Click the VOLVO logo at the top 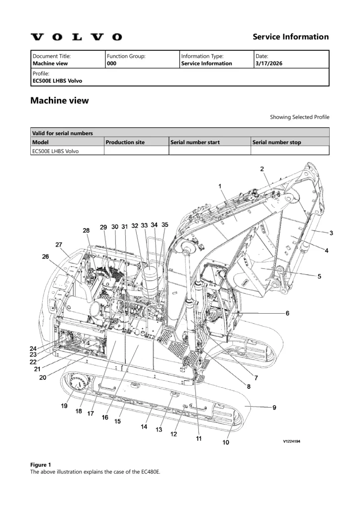[76, 37]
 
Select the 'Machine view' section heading [60, 101]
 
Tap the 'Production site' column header [125, 142]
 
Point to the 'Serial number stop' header [276, 142]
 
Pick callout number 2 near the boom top [262, 169]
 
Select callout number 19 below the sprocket [64, 406]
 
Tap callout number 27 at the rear [59, 244]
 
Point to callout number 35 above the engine [165, 225]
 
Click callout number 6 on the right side [287, 313]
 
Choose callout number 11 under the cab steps [198, 438]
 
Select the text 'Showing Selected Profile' [299, 117]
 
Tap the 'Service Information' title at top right [290, 37]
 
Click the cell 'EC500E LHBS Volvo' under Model [55, 151]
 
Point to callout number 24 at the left [33, 348]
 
